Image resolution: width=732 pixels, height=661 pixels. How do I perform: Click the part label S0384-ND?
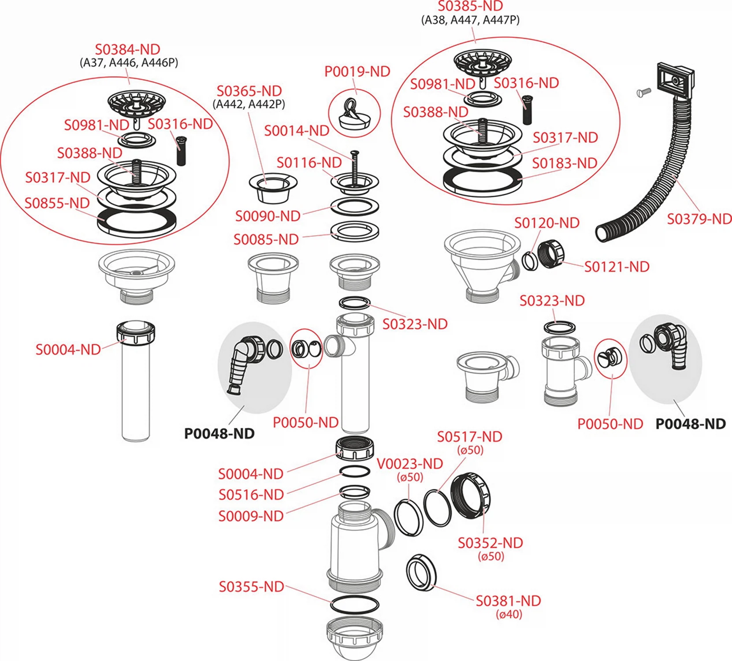point(127,49)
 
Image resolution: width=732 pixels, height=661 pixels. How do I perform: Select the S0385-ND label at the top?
point(470,6)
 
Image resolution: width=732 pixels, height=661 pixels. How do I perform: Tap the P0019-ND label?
point(357,71)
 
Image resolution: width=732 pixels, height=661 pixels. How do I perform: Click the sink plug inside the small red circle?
point(354,115)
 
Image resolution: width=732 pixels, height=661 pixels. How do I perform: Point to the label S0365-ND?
point(249,91)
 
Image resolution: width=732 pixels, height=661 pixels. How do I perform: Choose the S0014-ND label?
point(297,130)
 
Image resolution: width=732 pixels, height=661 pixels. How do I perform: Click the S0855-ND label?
point(57,203)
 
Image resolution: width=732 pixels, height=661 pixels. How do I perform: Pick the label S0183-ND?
point(565,163)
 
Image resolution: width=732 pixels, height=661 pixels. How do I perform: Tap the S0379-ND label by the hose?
point(699,219)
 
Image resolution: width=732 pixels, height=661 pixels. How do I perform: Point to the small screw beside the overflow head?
point(644,93)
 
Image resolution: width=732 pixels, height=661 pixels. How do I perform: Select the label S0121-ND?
point(617,267)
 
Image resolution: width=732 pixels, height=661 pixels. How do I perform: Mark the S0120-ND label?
point(547,223)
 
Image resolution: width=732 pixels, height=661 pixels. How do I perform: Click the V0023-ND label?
point(409,464)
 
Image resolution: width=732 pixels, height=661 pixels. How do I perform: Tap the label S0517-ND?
point(469,437)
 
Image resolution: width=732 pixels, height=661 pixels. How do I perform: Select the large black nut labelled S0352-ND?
point(471,496)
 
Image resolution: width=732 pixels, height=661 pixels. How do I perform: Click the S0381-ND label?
point(508,601)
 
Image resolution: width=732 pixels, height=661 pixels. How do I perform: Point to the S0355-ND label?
point(251,587)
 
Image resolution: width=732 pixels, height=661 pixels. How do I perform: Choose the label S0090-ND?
point(268,216)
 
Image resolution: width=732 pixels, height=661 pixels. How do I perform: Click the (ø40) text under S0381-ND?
point(509,614)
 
